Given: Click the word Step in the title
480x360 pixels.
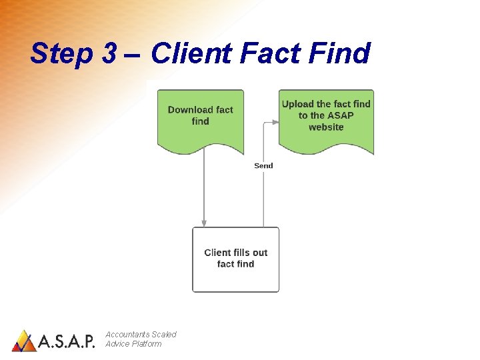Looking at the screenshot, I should tap(62, 53).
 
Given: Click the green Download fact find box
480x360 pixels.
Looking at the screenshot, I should tap(200, 120).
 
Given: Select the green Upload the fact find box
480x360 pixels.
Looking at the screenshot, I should tap(326, 120).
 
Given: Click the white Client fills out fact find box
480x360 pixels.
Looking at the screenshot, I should tap(235, 259).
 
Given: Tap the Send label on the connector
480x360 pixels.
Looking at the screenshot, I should tap(263, 165).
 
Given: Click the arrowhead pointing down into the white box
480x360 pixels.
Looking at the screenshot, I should tap(204, 223).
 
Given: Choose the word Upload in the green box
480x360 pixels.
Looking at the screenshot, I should tap(297, 103).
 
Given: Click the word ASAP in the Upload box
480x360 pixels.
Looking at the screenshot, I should tap(340, 115).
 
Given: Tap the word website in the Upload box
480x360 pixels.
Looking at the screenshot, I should tap(326, 127).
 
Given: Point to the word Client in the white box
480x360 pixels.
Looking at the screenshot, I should tap(217, 253).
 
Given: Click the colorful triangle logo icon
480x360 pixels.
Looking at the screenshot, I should tap(24, 341).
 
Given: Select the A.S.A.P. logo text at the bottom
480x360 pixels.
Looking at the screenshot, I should tap(67, 342).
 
